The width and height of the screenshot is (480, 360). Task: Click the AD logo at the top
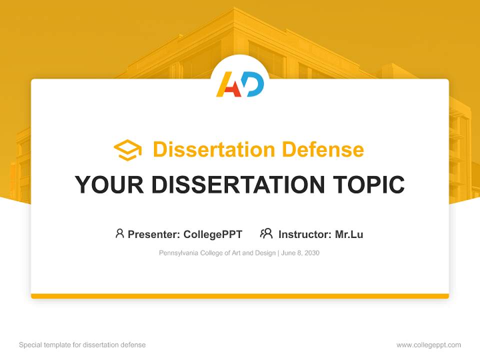tap(240, 84)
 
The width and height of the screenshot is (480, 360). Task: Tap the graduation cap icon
tap(127, 149)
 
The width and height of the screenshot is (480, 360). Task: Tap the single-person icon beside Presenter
tap(119, 233)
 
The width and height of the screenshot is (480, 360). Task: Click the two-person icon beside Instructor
tap(266, 233)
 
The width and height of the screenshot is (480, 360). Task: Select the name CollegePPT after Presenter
tap(212, 234)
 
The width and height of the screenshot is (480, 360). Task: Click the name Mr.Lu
tap(349, 234)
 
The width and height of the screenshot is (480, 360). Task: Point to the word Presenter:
tap(154, 234)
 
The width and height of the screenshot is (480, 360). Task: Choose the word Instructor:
tap(304, 234)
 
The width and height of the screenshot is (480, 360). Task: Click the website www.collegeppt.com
tap(428, 345)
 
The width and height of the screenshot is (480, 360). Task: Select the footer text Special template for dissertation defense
tap(82, 345)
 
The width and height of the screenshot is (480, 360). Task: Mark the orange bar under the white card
tap(240, 296)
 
